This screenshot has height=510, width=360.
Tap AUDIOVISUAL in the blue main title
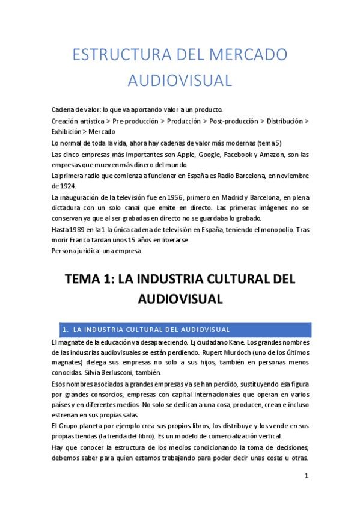pyautogui.click(x=180, y=80)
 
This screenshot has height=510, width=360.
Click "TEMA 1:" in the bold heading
pyautogui.click(x=90, y=280)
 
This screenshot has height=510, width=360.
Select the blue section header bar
pyautogui.click(x=180, y=330)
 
